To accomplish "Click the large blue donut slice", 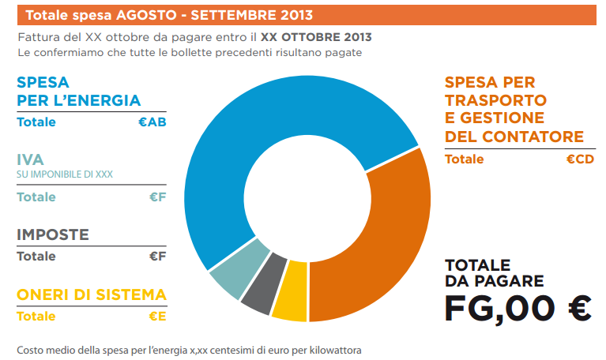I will [x=261, y=118].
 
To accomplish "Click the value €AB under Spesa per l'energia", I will [x=152, y=122].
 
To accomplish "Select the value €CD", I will [x=579, y=159].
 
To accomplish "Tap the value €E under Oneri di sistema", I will [x=157, y=317].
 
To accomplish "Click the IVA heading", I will [x=30, y=160].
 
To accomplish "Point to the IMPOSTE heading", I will [x=53, y=234].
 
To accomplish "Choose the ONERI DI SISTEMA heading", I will [x=92, y=295].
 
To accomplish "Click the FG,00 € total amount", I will [x=518, y=308].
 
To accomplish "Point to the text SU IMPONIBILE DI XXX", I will [x=65, y=175].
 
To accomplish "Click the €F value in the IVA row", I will [x=157, y=197].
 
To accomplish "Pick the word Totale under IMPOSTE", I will [x=36, y=257].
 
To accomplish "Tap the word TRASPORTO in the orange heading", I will [x=495, y=100].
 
